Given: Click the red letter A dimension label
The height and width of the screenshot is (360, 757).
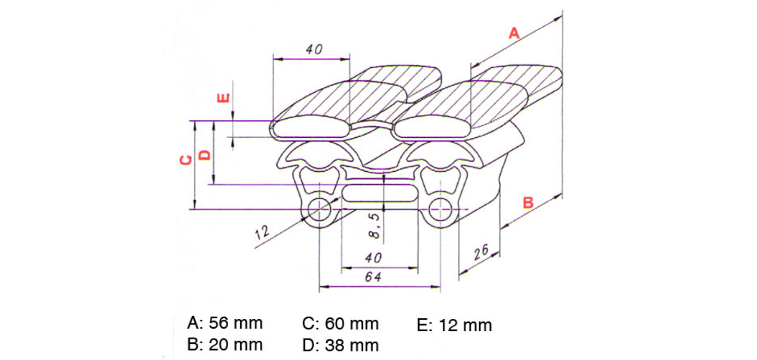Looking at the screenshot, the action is (x=514, y=33).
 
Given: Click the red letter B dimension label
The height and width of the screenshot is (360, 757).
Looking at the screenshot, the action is (x=528, y=202).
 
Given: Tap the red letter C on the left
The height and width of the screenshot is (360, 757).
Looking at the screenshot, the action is (x=186, y=160).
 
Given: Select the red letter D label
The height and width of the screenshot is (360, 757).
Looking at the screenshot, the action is (x=205, y=155).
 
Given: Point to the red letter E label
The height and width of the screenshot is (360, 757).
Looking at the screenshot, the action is (x=223, y=98).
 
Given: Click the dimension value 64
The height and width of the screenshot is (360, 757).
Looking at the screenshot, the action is (x=373, y=277).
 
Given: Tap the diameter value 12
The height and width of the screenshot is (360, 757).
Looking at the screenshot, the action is (x=262, y=232).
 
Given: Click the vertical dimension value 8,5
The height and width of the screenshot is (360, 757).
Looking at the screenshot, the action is (x=375, y=226).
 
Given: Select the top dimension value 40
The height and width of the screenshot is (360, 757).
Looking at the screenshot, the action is (x=314, y=50).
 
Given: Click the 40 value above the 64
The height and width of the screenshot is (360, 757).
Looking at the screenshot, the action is (x=373, y=258).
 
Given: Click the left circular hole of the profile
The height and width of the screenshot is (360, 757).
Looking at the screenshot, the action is (x=319, y=210).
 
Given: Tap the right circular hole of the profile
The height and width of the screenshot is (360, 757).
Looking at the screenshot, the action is (x=440, y=210).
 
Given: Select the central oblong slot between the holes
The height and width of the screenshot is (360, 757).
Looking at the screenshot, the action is (x=380, y=194).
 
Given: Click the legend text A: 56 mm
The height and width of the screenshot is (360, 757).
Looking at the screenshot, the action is (x=224, y=323).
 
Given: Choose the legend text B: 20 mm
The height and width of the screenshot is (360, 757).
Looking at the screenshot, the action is (x=224, y=345).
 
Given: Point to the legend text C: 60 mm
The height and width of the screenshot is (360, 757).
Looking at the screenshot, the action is (x=340, y=324).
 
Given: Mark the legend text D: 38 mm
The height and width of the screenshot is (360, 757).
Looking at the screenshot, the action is (x=340, y=345).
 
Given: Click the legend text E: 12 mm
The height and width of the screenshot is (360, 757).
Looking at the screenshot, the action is (x=454, y=325).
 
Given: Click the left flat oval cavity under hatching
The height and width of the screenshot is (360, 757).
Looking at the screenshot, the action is (x=311, y=127).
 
